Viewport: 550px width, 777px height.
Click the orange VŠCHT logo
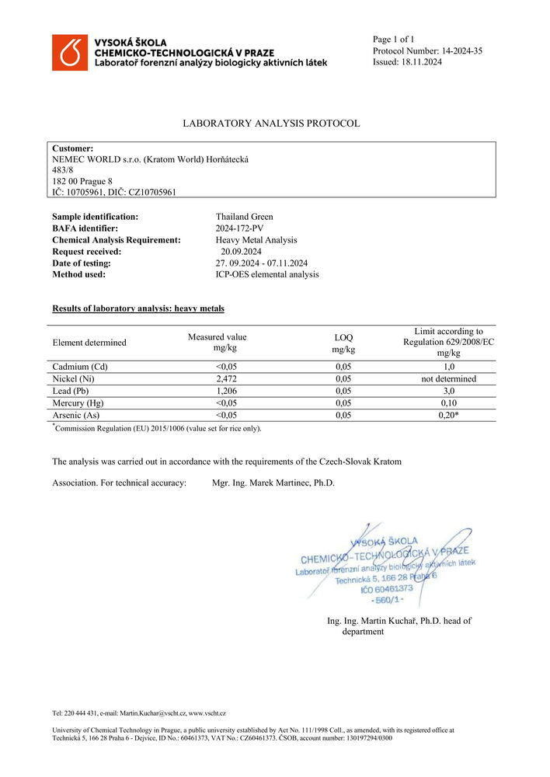[x=70, y=52]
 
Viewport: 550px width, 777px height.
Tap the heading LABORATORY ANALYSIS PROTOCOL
[x=271, y=124]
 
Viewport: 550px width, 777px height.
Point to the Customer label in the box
[x=73, y=148]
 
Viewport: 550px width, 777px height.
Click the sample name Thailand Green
[x=244, y=217]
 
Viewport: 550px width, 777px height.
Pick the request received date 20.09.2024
[x=241, y=252]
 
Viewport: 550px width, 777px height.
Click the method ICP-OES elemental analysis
[x=267, y=274]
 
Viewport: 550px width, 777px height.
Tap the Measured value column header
[x=217, y=343]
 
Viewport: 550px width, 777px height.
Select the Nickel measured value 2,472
[x=217, y=379]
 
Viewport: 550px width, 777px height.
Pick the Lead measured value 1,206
[x=217, y=392]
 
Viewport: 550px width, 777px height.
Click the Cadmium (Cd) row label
[x=79, y=367]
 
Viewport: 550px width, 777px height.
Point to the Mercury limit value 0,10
[x=448, y=403]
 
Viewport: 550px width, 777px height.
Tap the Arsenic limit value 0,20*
[x=448, y=416]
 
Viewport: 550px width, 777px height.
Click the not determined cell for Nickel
[x=448, y=379]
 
